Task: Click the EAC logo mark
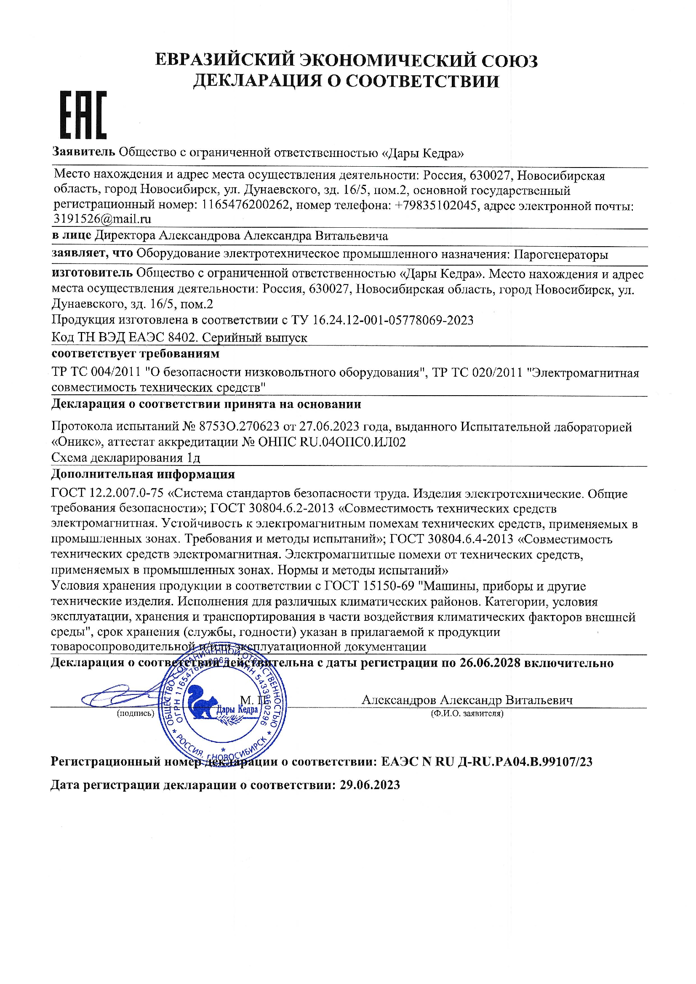(x=83, y=115)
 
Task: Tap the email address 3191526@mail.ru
(x=102, y=219)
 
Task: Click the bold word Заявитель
(x=83, y=152)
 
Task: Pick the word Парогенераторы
(x=561, y=255)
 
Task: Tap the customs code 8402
(x=182, y=338)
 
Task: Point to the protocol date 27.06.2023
(x=329, y=427)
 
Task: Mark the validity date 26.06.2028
(x=490, y=663)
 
